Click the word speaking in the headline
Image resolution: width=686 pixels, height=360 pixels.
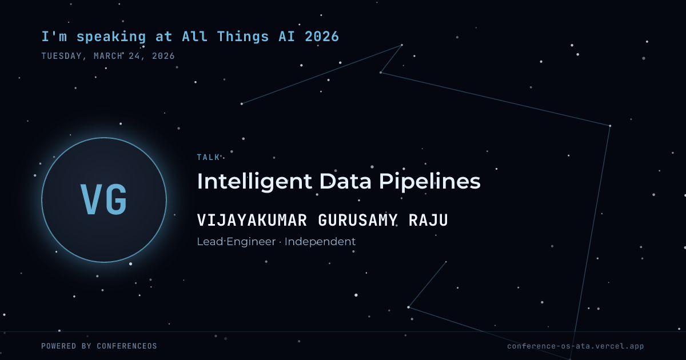point(111,37)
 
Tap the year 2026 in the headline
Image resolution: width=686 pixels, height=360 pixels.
point(322,37)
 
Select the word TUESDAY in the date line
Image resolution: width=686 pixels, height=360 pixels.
point(62,56)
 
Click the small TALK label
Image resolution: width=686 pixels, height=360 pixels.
point(208,157)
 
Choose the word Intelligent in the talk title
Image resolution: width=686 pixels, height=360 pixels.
point(254,182)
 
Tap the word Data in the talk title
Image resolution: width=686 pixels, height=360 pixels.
point(345,181)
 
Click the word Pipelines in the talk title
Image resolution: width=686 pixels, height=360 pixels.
point(430,182)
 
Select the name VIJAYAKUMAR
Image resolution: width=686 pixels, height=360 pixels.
point(252,220)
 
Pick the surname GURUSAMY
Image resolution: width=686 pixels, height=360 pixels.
point(358,220)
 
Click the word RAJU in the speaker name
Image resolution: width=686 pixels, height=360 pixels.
point(428,220)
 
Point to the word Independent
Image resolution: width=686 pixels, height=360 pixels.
point(320,242)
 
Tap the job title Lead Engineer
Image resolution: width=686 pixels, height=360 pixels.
point(236,242)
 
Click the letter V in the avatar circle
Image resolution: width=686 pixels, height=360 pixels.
point(91,199)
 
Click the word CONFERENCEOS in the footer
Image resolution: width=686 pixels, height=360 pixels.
point(127,346)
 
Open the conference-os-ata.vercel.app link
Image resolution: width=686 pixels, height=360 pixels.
point(576,346)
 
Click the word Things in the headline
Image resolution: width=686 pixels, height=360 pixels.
point(243,37)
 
